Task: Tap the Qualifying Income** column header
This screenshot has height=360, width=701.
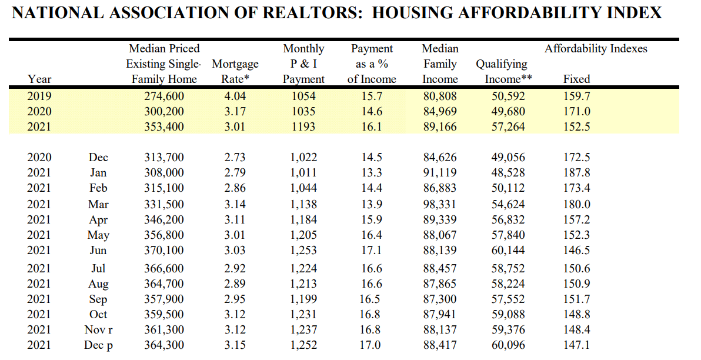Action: pos(502,71)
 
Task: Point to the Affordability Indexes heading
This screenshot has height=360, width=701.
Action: pos(596,49)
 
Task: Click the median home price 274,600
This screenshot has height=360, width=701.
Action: pos(164,96)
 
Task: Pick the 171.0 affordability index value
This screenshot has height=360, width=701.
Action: pos(576,111)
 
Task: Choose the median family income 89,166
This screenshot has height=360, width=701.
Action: pos(440,126)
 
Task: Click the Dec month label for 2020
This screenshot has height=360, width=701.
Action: pos(98,158)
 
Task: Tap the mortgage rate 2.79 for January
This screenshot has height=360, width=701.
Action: pos(235,173)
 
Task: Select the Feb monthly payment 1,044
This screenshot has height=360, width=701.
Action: pos(303,188)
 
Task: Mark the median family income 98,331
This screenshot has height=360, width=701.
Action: pos(440,205)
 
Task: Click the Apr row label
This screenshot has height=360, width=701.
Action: pos(98,220)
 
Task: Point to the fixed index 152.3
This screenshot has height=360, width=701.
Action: pos(576,235)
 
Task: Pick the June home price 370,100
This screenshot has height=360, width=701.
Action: pos(164,251)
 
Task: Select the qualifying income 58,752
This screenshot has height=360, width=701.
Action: pos(508,269)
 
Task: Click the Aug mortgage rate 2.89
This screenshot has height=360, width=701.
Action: pos(235,284)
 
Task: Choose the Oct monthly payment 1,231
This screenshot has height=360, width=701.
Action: pos(303,315)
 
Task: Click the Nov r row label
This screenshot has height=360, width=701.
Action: pos(98,330)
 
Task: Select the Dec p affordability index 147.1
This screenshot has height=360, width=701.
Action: pos(576,345)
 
